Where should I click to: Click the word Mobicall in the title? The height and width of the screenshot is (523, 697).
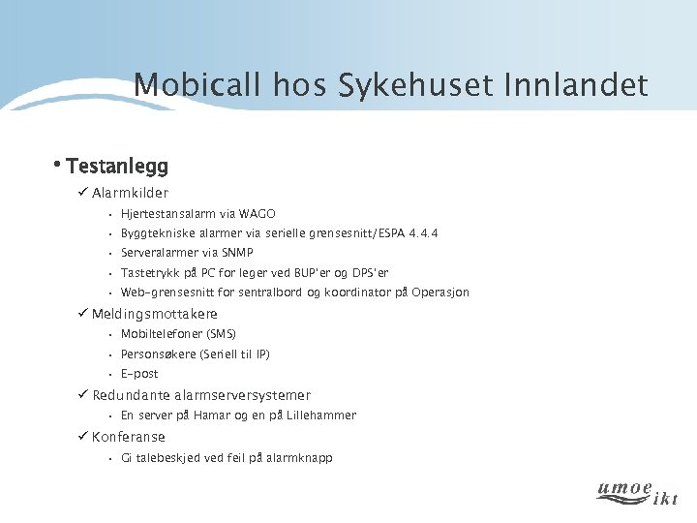[184, 85]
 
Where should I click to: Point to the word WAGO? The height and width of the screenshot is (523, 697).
[257, 214]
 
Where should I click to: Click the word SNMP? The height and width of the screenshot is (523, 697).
[237, 253]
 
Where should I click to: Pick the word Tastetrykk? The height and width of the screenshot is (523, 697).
[148, 273]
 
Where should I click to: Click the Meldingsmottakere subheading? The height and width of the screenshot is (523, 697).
[155, 314]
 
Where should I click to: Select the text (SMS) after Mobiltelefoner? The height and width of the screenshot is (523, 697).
[214, 334]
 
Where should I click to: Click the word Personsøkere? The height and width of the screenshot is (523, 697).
[158, 354]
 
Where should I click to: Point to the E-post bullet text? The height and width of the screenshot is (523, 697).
[139, 374]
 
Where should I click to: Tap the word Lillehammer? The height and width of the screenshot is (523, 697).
[321, 415]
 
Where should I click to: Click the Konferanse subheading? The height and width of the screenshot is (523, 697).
[129, 437]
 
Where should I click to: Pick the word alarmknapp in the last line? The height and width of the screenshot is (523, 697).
[299, 458]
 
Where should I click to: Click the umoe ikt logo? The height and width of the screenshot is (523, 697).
[636, 492]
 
